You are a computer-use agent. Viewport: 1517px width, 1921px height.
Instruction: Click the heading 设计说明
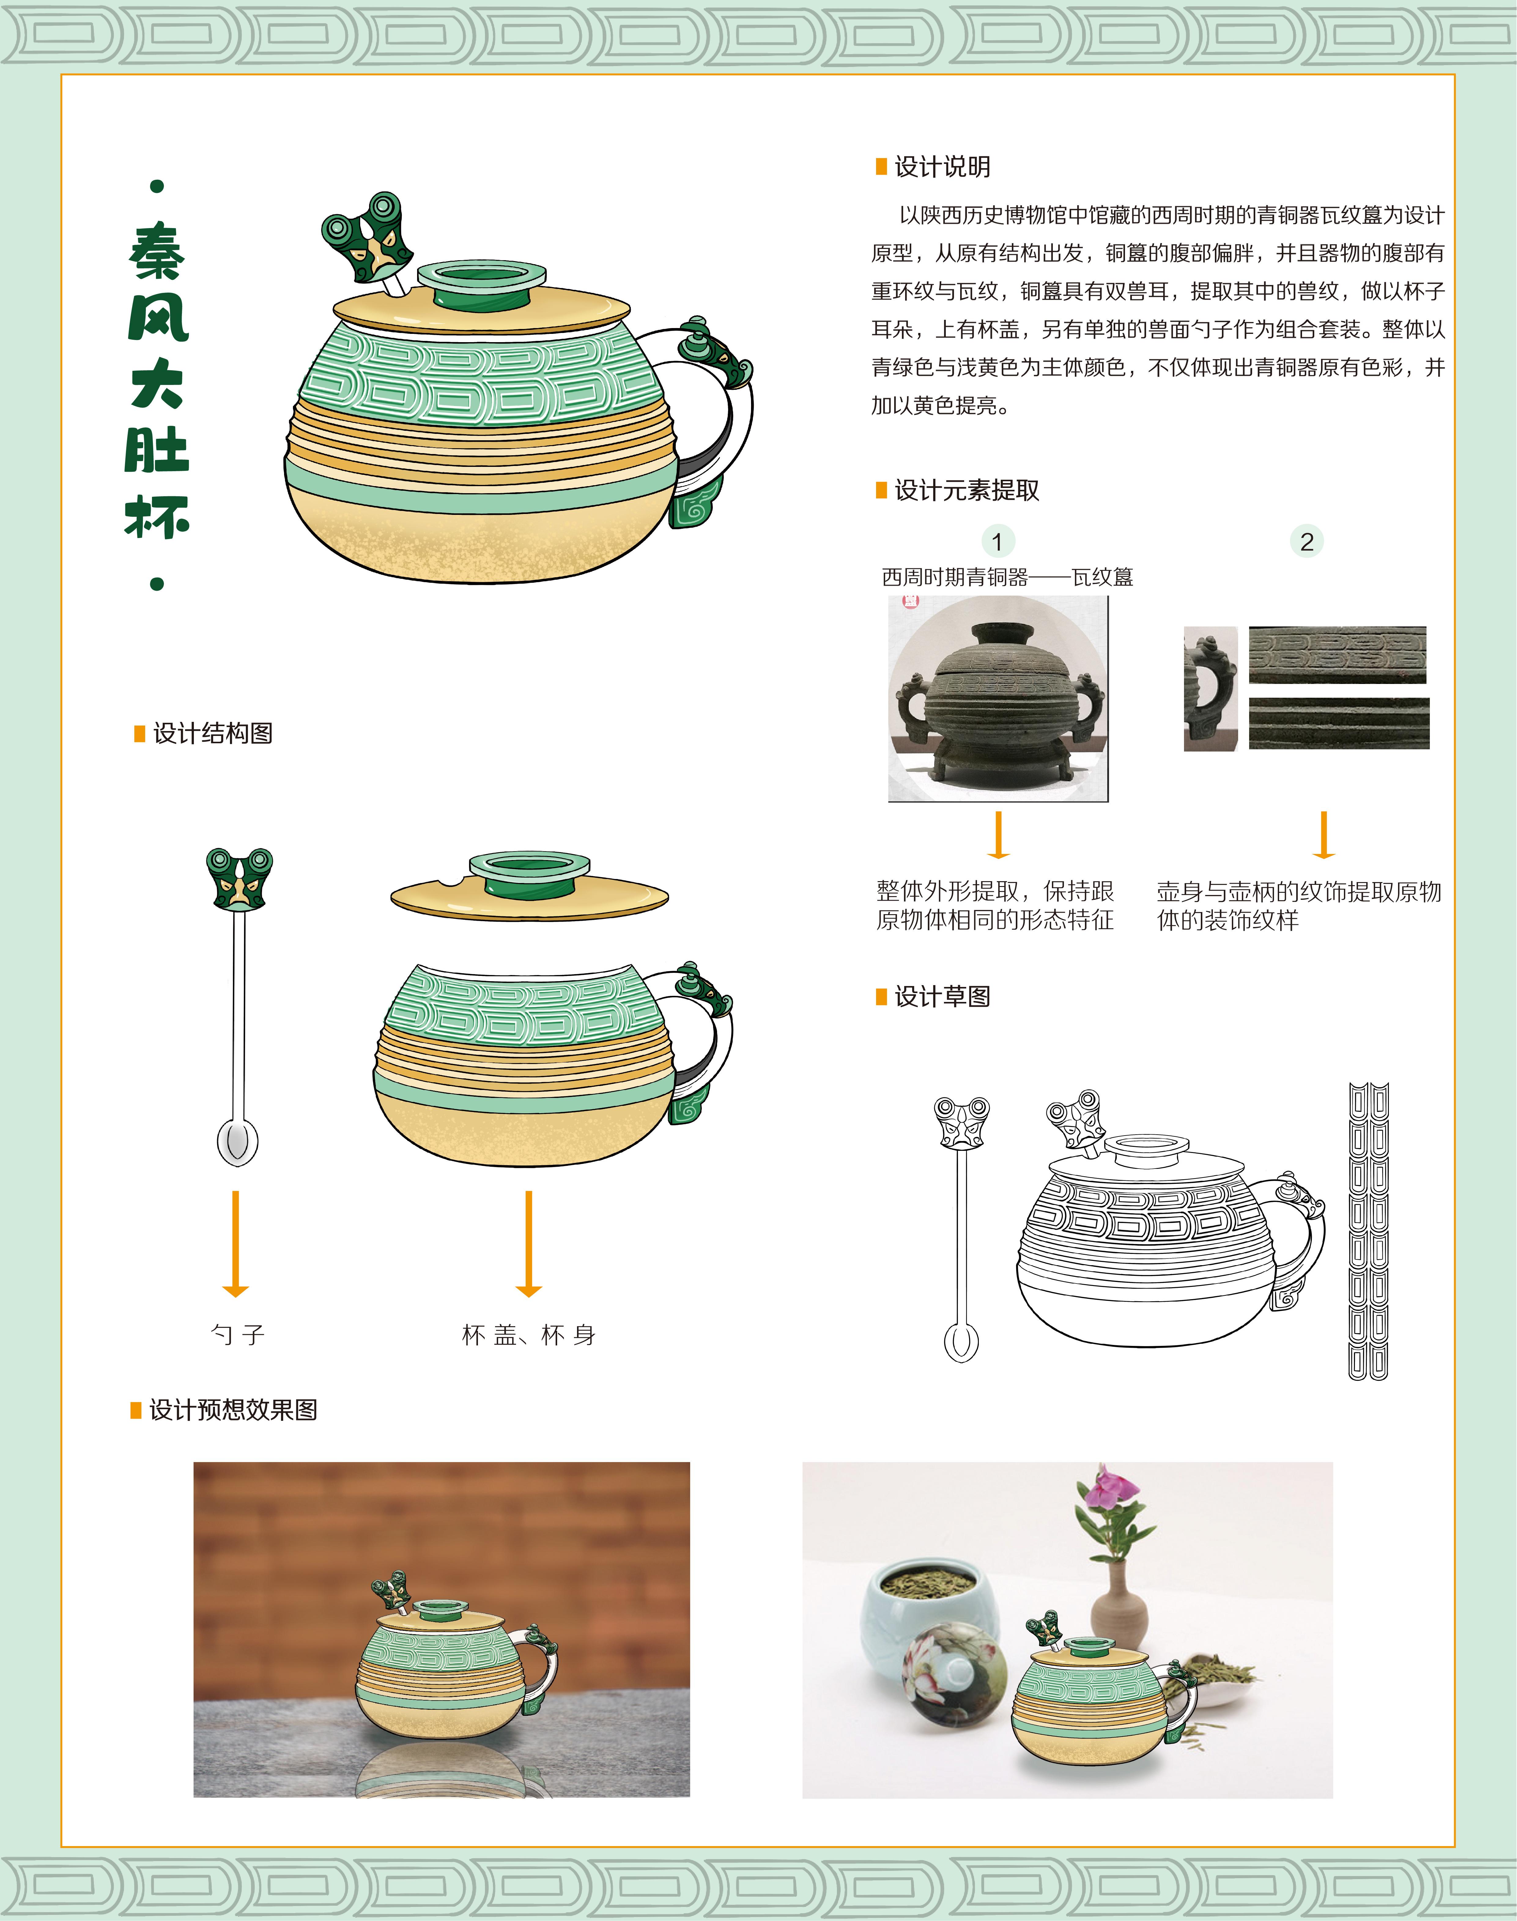pyautogui.click(x=942, y=167)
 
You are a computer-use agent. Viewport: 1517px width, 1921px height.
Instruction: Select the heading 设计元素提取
pyautogui.click(x=966, y=490)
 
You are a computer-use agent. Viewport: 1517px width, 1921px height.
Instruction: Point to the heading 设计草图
pyautogui.click(x=942, y=996)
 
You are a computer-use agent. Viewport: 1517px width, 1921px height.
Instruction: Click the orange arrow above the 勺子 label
pyautogui.click(x=235, y=1243)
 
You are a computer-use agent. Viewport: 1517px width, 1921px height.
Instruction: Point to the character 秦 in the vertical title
pyautogui.click(x=157, y=251)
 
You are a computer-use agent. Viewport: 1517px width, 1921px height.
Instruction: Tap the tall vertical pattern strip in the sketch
pyautogui.click(x=1368, y=1231)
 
